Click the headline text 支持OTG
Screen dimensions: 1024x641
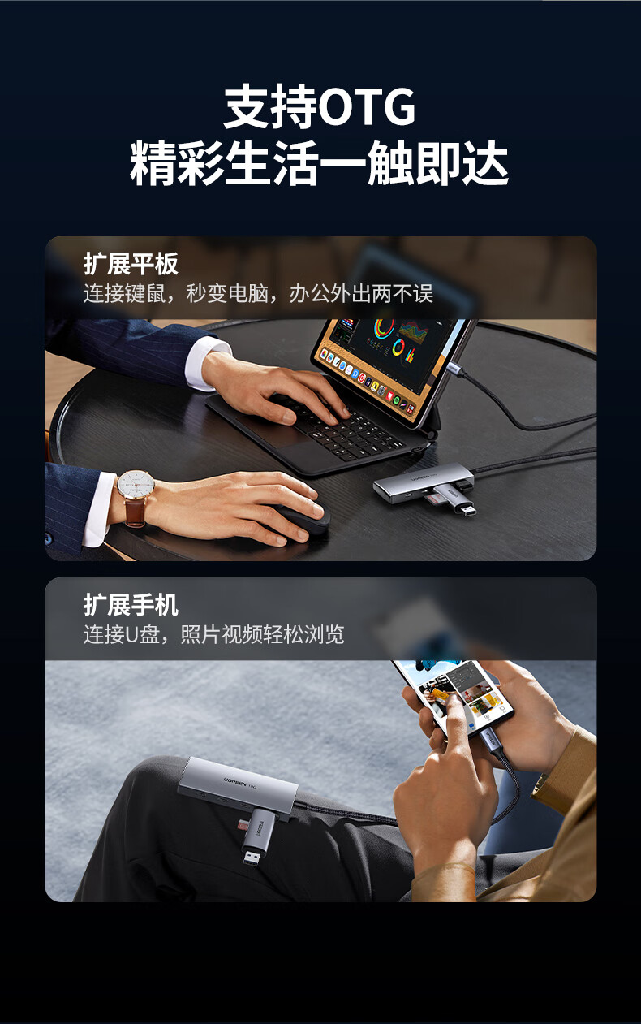pyautogui.click(x=320, y=108)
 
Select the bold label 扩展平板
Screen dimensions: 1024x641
pyautogui.click(x=131, y=264)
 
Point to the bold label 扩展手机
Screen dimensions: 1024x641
pyautogui.click(x=131, y=605)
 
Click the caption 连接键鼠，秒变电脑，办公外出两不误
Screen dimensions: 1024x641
pyautogui.click(x=258, y=293)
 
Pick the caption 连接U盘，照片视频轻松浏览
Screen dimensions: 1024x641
pyautogui.click(x=213, y=634)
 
